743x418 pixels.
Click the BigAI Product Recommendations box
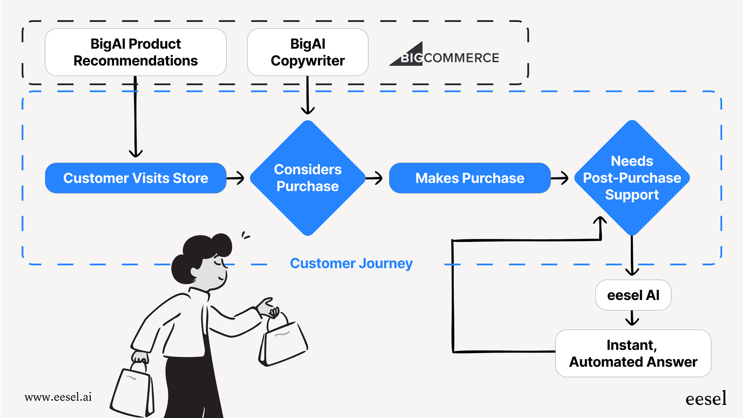click(135, 52)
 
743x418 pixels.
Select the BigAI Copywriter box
click(307, 52)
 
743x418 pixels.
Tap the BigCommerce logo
click(444, 56)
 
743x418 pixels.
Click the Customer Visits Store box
click(135, 178)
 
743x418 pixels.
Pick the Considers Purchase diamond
click(307, 178)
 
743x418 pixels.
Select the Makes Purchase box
click(469, 178)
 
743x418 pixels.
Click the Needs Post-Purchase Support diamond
click(632, 178)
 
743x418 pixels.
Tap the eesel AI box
click(633, 295)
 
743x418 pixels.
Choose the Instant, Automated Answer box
click(633, 353)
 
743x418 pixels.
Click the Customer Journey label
click(351, 264)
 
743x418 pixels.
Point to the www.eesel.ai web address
click(58, 397)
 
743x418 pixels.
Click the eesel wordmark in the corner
click(706, 399)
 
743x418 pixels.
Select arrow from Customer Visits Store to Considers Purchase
click(236, 178)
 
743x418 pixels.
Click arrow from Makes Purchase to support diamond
click(560, 178)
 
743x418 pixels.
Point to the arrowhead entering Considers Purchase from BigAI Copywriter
click(307, 109)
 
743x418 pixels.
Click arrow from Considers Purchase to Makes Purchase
click(374, 178)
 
